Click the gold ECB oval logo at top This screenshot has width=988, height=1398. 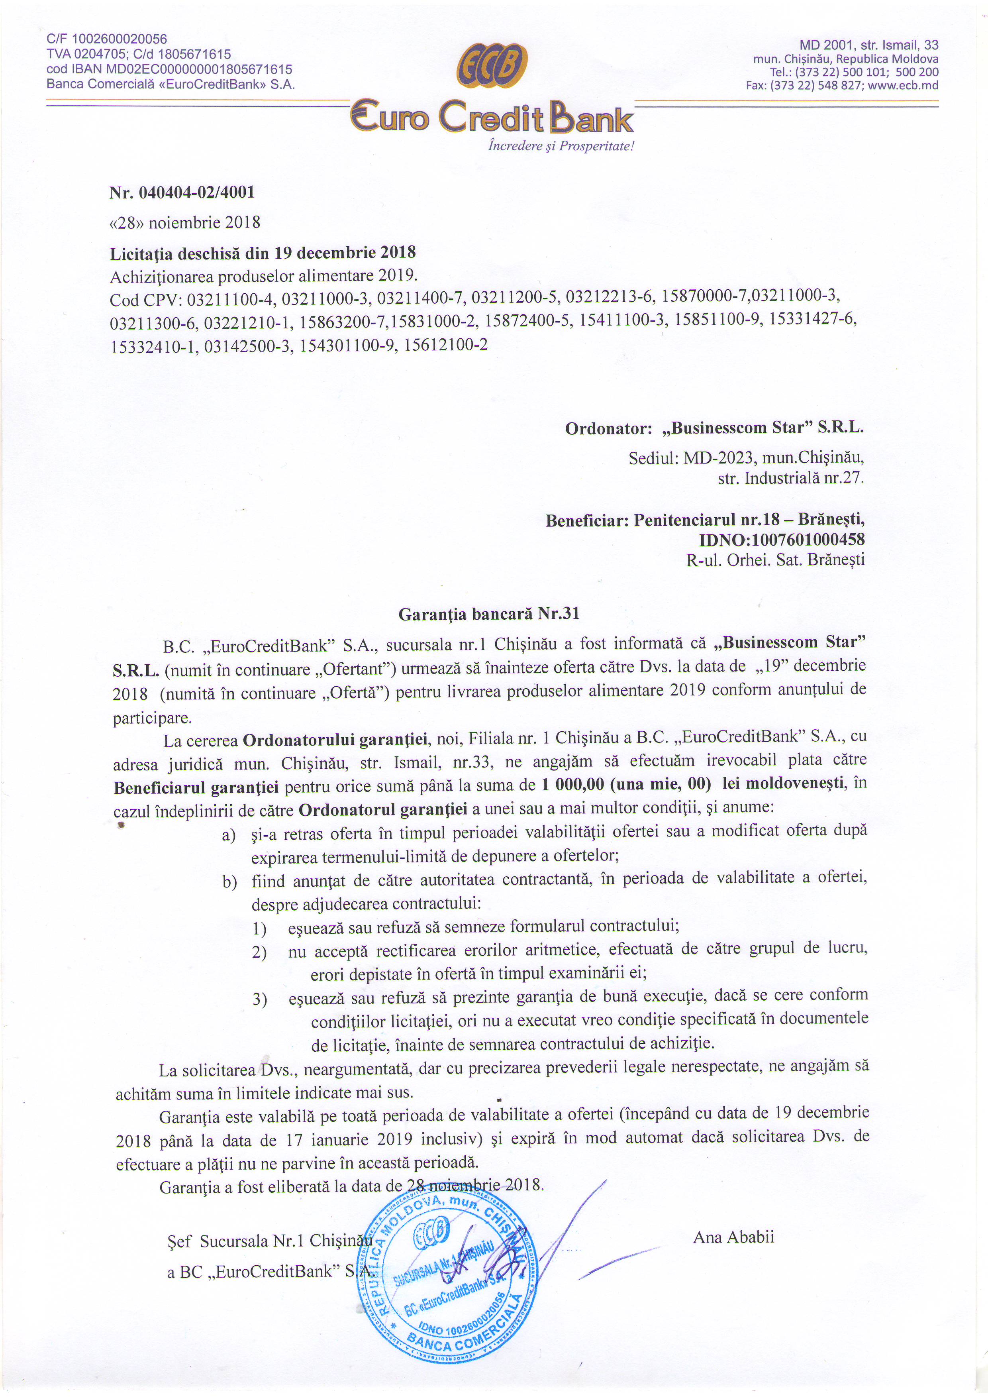tap(492, 66)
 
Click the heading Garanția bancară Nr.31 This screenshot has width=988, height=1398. tap(489, 614)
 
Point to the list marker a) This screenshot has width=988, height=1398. tap(229, 835)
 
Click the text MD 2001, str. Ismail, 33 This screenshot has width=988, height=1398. tap(869, 45)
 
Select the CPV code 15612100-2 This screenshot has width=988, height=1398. tap(446, 345)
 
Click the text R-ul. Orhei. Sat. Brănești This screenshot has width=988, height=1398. tap(775, 560)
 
